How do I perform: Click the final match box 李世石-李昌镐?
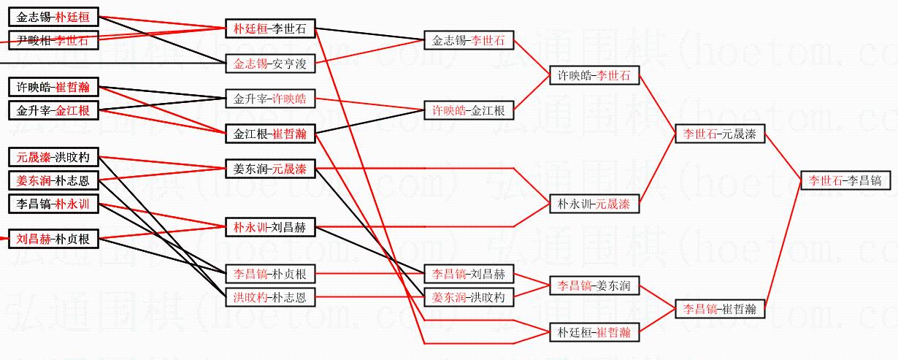click(x=845, y=180)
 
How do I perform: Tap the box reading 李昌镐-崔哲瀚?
click(x=719, y=309)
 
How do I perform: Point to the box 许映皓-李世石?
click(x=594, y=75)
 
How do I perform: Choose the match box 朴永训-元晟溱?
click(x=594, y=204)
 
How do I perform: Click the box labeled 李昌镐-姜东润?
click(x=594, y=286)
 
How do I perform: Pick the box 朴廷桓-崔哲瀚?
click(x=594, y=332)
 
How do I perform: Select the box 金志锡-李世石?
click(x=468, y=40)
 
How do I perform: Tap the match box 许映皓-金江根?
click(x=468, y=110)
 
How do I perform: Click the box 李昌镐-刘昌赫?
click(x=468, y=275)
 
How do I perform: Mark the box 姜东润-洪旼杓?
click(x=468, y=297)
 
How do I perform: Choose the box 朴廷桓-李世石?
click(x=269, y=29)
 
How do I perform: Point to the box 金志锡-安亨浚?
click(x=269, y=64)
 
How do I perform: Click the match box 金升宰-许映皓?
click(x=269, y=99)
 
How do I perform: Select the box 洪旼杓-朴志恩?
click(x=269, y=297)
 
